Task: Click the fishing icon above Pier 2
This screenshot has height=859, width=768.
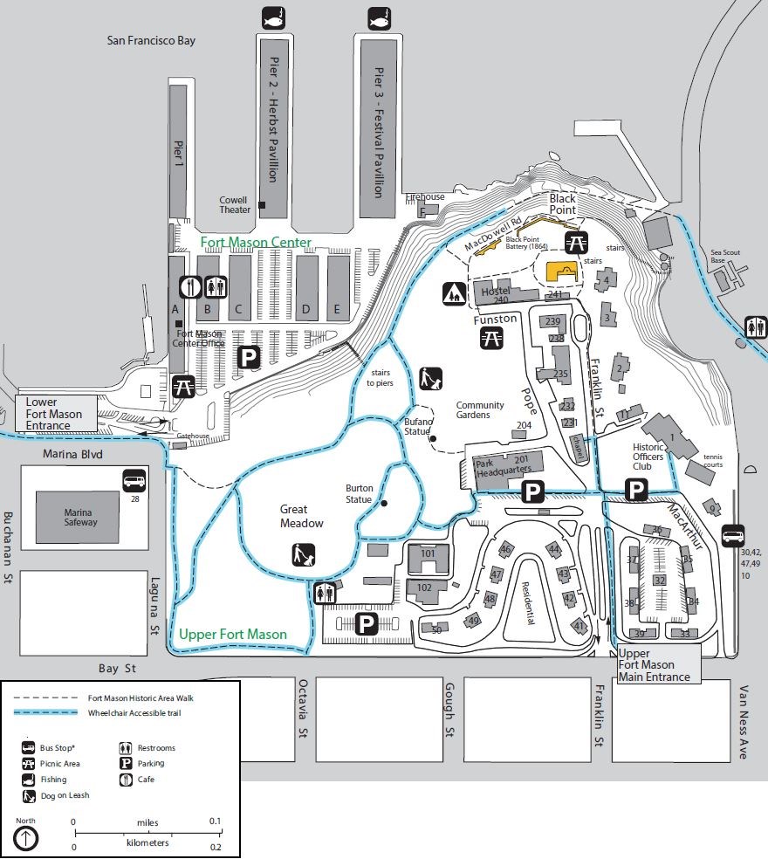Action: click(273, 17)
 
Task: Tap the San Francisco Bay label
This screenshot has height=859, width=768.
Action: click(151, 40)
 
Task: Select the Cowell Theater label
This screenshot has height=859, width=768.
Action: click(234, 204)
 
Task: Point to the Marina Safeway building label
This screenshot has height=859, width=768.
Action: click(80, 517)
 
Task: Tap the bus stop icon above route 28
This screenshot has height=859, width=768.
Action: click(134, 480)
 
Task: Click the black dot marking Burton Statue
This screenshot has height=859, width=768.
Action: click(383, 503)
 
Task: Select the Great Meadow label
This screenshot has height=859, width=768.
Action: click(301, 516)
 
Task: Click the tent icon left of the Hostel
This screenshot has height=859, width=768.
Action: click(455, 293)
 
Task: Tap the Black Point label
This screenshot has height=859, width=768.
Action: click(562, 204)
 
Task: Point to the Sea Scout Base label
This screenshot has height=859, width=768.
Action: click(725, 258)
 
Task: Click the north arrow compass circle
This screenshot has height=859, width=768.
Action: click(26, 838)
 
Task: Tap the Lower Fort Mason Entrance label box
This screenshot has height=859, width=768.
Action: click(54, 414)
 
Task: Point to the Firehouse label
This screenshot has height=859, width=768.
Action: click(425, 197)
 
